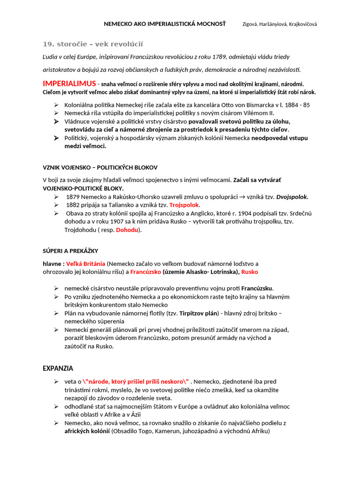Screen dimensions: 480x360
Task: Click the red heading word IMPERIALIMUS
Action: tap(69, 83)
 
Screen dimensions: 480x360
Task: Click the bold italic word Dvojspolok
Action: tap(292, 197)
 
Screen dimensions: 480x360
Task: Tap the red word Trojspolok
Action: tap(184, 205)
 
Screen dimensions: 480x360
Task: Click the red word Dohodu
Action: tap(127, 230)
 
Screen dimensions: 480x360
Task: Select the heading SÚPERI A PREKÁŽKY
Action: tap(70, 251)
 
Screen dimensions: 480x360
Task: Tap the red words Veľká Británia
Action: tap(86, 263)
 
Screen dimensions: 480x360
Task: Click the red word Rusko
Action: tap(249, 272)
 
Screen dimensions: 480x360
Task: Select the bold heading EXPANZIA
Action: tap(58, 368)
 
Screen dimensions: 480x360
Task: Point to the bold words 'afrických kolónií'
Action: tap(87, 431)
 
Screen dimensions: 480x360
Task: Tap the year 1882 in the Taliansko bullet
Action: tap(73, 205)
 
